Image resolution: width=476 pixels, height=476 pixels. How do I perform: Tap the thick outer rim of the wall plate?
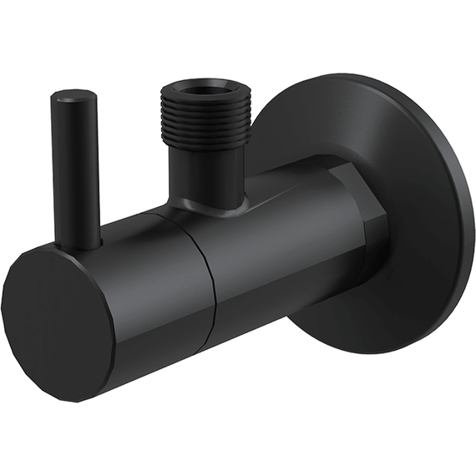pyautogui.click(x=455, y=217)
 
